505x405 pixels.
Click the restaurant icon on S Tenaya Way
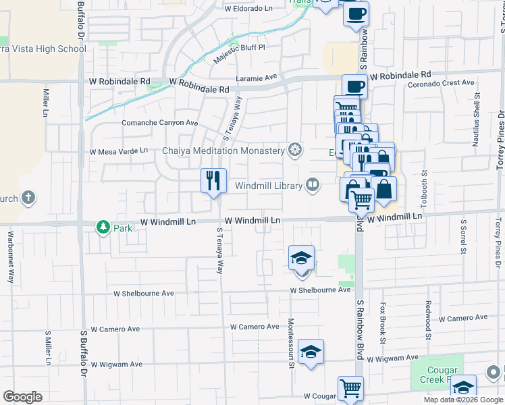click(213, 180)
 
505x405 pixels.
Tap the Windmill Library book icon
click(313, 185)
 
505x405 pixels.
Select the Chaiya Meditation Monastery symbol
click(294, 150)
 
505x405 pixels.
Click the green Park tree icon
click(103, 227)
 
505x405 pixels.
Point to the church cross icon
click(28, 198)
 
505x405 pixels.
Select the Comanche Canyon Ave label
click(159, 123)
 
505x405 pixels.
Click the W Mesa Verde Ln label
click(118, 151)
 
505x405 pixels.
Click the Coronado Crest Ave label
click(442, 83)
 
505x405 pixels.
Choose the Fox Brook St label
click(382, 324)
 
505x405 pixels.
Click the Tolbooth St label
click(424, 188)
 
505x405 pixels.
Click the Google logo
click(22, 397)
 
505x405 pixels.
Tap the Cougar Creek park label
click(442, 375)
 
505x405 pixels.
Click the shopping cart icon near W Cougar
click(350, 388)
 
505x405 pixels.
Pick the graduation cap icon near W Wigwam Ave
click(311, 352)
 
